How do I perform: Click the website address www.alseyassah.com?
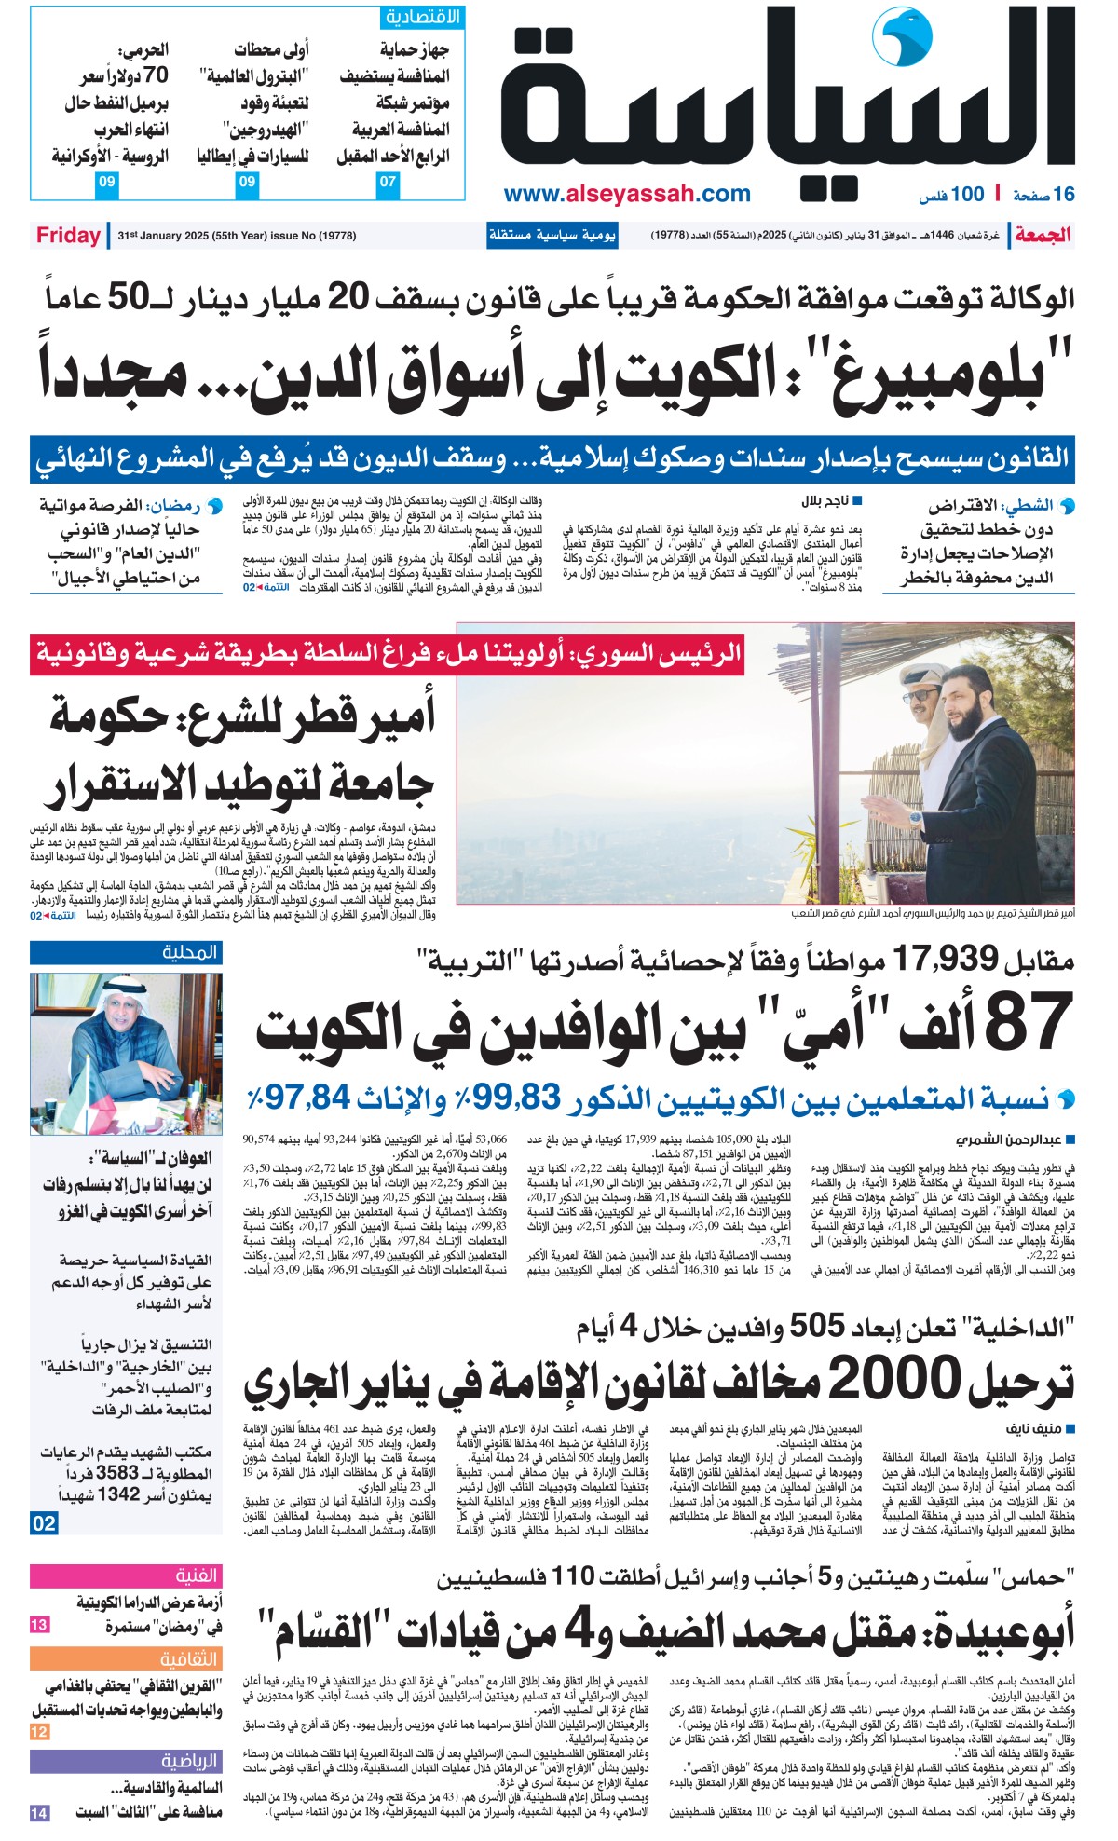click(x=626, y=194)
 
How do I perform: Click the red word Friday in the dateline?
click(x=68, y=235)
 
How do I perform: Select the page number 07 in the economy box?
click(x=388, y=182)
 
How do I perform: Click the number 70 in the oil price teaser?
click(x=156, y=75)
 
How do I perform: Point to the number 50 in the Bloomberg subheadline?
click(x=128, y=298)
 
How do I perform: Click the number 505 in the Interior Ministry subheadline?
click(x=817, y=1325)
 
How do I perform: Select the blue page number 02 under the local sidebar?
click(x=44, y=1523)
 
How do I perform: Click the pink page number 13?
click(x=39, y=1625)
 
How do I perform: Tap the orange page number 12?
click(x=39, y=1731)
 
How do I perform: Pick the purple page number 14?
click(x=39, y=1813)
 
